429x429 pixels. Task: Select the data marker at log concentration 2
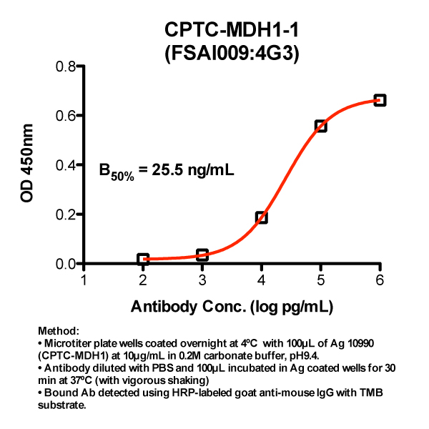coord(143,259)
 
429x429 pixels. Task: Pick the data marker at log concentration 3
coord(202,255)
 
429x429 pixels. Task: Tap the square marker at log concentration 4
coord(262,217)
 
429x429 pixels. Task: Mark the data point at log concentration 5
coord(321,126)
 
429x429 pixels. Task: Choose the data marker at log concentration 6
coord(380,101)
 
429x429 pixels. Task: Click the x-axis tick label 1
coord(84,280)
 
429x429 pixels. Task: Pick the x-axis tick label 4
coord(262,280)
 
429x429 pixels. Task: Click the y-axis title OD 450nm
coord(27,165)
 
